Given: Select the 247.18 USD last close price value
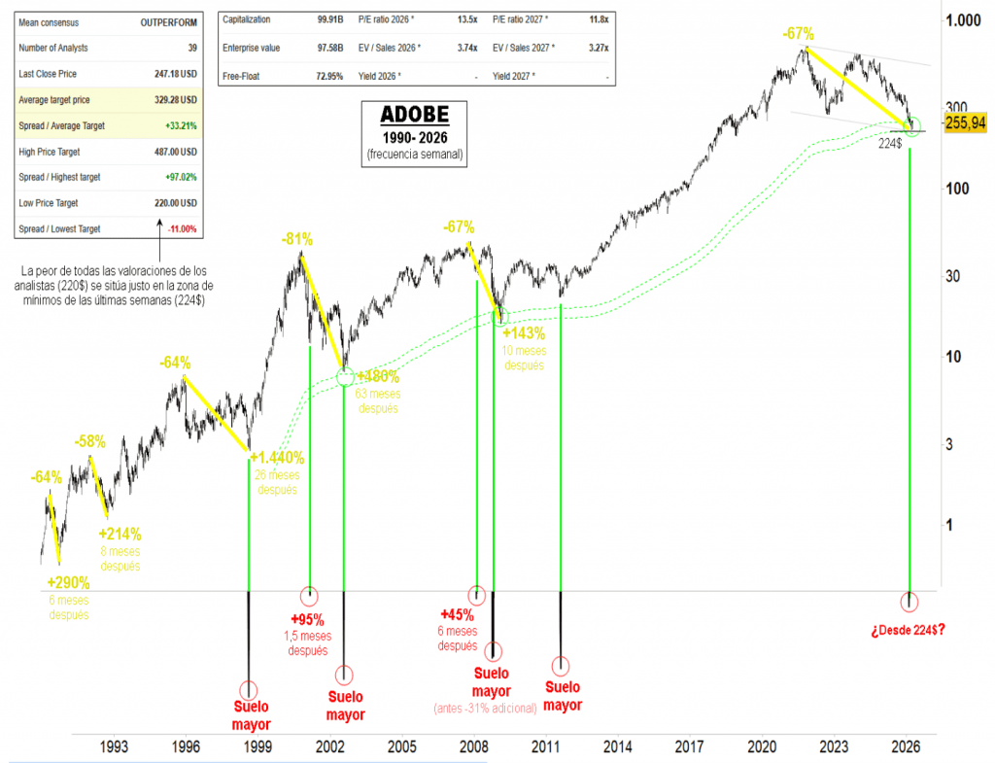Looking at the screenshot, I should click(x=176, y=74).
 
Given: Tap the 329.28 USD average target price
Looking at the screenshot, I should click(x=176, y=99).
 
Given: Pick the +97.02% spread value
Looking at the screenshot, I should click(x=181, y=177).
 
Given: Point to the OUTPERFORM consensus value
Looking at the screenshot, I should click(x=170, y=20).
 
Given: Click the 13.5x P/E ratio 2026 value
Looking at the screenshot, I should click(x=463, y=19).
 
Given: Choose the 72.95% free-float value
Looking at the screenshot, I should click(x=324, y=76).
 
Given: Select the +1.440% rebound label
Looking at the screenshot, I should click(x=278, y=458).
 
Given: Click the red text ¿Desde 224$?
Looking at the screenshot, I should click(x=909, y=629).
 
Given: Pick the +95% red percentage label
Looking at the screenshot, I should click(x=307, y=619).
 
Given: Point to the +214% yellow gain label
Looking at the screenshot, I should click(x=120, y=534).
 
